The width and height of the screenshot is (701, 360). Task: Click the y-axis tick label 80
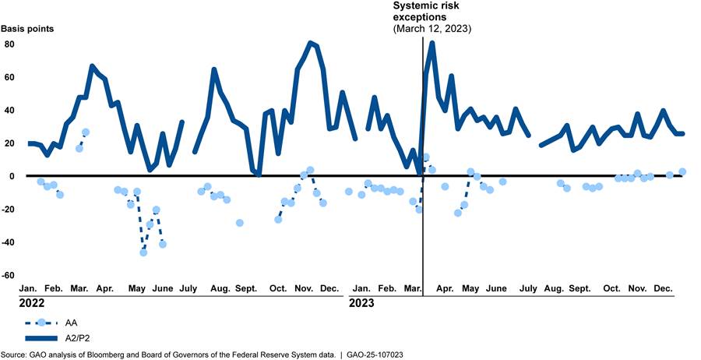click(10, 44)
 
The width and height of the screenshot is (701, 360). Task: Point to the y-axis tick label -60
click(9, 275)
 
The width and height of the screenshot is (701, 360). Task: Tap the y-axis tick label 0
click(12, 176)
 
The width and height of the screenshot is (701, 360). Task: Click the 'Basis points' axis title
click(27, 28)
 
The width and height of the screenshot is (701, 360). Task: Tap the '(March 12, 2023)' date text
click(432, 28)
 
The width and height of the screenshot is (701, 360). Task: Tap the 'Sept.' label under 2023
click(579, 288)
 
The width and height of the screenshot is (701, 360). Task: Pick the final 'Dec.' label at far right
click(664, 288)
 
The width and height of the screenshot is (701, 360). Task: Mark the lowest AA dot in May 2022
click(143, 252)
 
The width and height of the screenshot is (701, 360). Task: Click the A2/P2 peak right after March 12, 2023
click(432, 43)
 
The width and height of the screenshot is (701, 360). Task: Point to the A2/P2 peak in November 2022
click(311, 43)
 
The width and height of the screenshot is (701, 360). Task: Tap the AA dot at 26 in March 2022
click(86, 132)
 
